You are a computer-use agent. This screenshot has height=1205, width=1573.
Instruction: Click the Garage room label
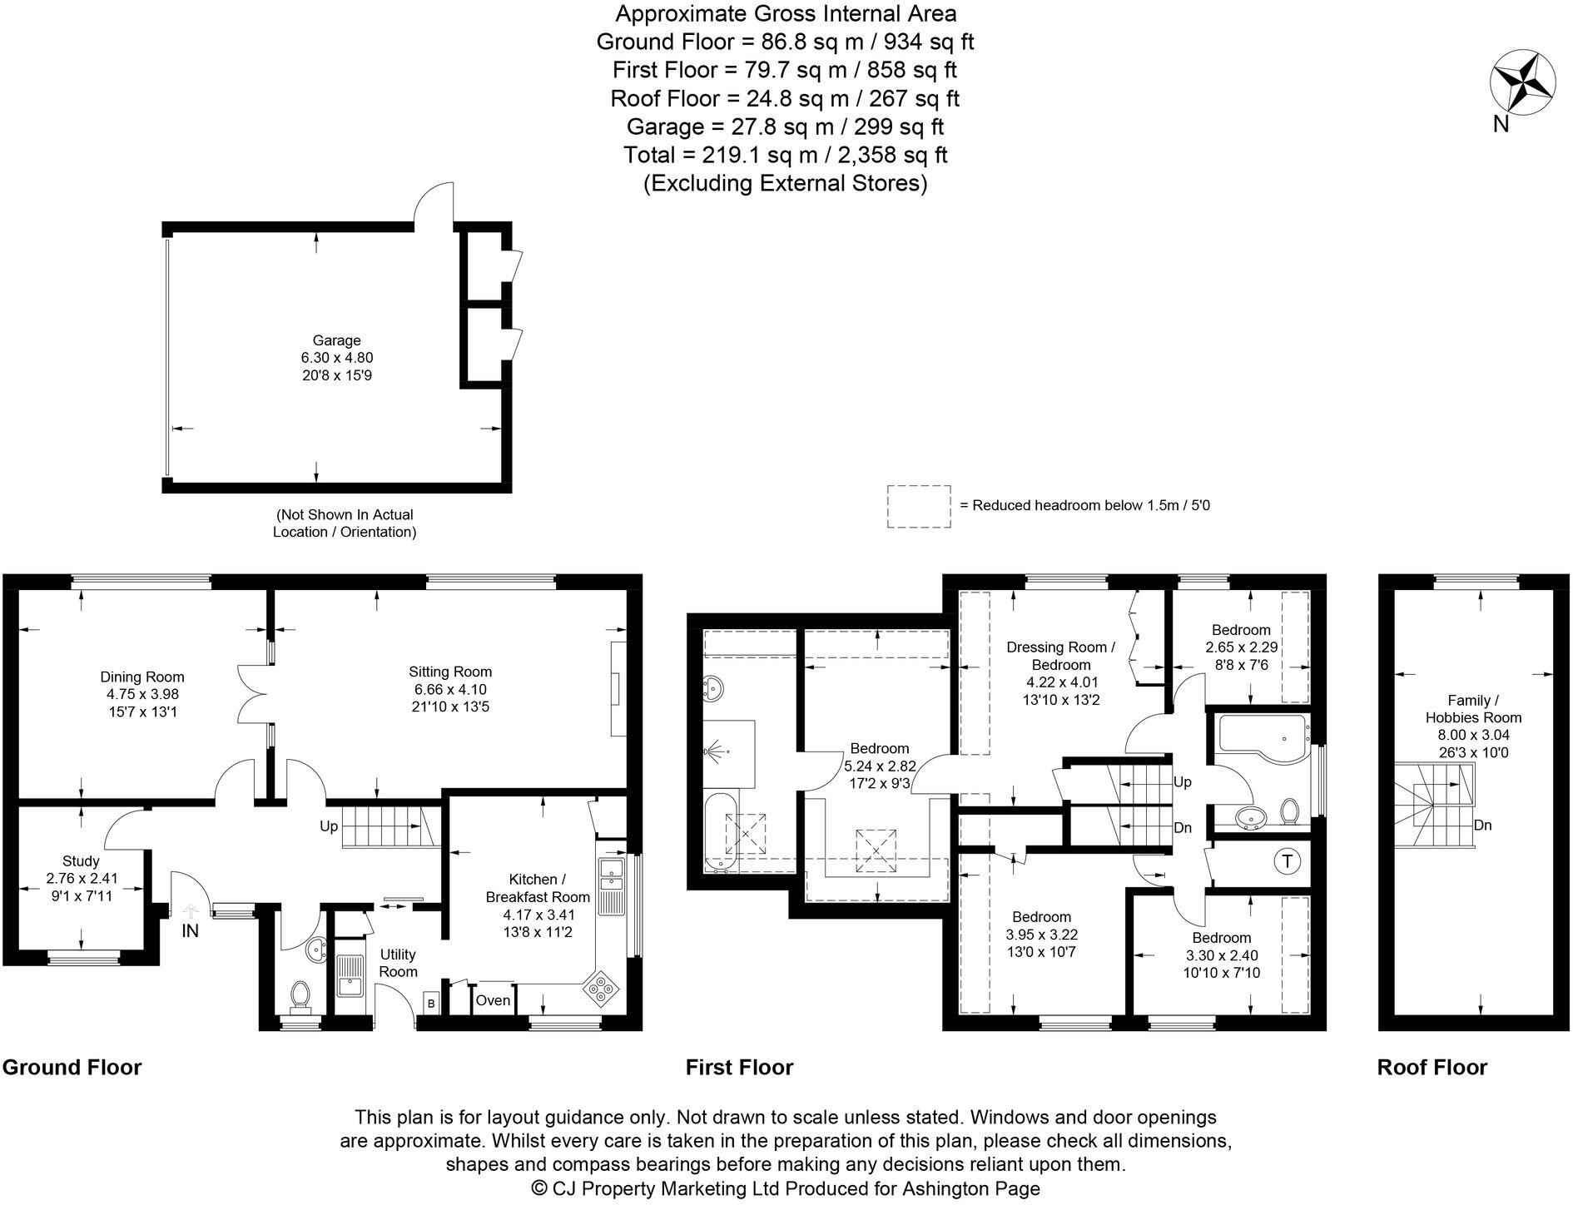[336, 340]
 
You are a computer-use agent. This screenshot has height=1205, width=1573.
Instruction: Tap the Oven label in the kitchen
[493, 1000]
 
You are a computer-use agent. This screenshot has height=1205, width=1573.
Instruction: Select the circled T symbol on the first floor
[1288, 861]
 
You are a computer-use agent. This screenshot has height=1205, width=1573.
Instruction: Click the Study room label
[81, 861]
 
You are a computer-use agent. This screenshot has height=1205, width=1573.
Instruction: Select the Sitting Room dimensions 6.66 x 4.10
[450, 690]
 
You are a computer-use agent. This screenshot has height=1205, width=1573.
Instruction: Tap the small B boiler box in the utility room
[431, 1003]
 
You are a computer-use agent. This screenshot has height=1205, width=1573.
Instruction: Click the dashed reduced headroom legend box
[918, 506]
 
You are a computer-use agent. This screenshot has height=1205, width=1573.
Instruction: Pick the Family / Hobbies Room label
[1473, 709]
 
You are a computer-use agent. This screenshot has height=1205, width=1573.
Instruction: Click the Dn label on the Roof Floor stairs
[1482, 826]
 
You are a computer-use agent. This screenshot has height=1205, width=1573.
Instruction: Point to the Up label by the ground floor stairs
[330, 826]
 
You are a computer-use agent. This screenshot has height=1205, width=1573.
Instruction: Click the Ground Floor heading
[72, 1068]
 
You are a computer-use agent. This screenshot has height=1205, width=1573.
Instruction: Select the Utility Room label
[397, 963]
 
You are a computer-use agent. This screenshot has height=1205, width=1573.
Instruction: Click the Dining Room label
[142, 677]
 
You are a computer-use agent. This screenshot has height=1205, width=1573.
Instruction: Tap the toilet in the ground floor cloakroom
[300, 994]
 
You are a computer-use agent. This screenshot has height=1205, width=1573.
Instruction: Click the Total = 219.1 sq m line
[785, 155]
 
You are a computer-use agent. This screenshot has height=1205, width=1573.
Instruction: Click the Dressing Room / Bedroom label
[1060, 656]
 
